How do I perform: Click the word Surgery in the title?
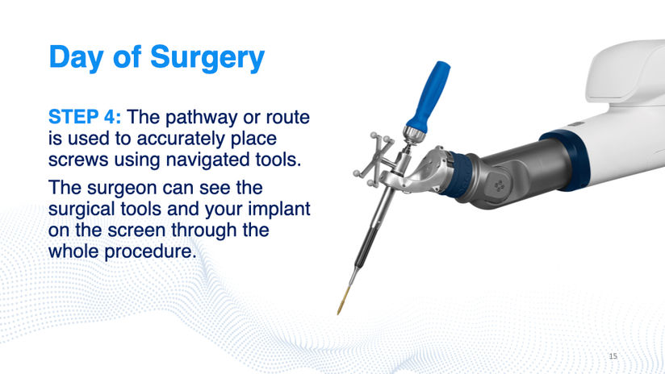point(207,58)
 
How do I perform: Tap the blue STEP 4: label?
point(85,117)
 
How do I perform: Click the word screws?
point(78,160)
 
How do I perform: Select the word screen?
point(136,231)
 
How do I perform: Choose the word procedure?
point(151,251)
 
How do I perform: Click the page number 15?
point(613,355)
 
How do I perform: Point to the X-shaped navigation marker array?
point(373,160)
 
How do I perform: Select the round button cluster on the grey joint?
point(500,185)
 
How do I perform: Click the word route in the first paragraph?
point(287,118)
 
